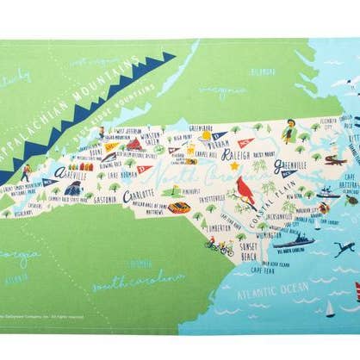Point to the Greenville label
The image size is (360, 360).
coord(291,166)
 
